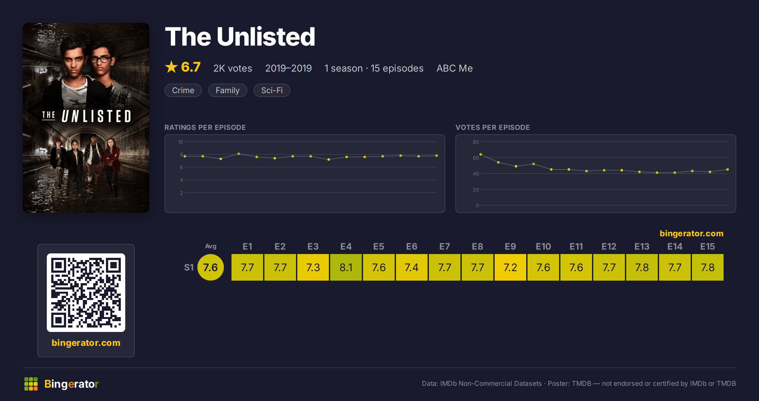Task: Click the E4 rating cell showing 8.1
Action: [346, 267]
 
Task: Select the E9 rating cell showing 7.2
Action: [510, 267]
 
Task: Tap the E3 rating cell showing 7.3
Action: [313, 267]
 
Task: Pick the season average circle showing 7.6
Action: [211, 267]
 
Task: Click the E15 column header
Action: [708, 246]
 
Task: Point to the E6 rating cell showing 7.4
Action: [412, 267]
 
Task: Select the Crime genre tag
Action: [183, 90]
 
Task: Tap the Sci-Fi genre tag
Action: [272, 90]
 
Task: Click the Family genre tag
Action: [228, 90]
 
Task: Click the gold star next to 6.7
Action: [171, 67]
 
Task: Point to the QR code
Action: [86, 293]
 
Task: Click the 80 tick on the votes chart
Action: [476, 142]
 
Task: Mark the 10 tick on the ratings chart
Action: [181, 142]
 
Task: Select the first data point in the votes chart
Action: [481, 155]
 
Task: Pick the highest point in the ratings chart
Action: [239, 154]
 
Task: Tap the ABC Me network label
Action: [455, 68]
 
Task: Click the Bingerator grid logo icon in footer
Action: [31, 384]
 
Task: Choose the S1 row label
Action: [189, 268]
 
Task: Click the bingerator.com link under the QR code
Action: [86, 343]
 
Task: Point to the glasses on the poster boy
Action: [101, 59]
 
